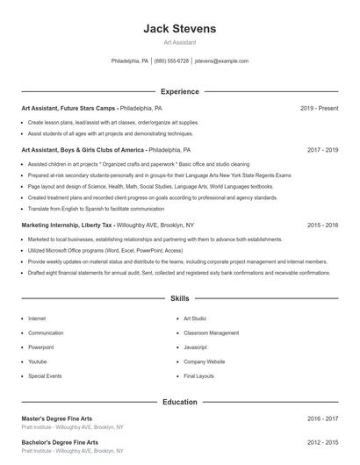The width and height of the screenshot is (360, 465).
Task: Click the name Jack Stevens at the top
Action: point(179,28)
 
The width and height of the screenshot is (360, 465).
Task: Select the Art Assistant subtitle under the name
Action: point(179,42)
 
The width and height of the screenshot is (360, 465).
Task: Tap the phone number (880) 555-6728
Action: point(171,61)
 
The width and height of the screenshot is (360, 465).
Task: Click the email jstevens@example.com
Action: point(221,61)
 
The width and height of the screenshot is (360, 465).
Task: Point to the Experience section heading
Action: point(179,91)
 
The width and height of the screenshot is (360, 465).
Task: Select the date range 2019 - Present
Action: point(319,108)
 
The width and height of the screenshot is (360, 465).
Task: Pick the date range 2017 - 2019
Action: point(322,150)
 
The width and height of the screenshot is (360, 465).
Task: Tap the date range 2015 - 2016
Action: point(322,225)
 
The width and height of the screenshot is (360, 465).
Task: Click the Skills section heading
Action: point(179,298)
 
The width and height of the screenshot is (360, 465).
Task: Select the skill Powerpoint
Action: point(41,347)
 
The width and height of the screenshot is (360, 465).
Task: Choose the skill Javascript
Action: point(195,347)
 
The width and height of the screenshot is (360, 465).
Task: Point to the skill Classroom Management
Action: point(211,333)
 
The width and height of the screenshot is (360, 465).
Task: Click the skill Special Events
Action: point(45,376)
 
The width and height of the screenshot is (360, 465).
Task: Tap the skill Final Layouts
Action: point(198,376)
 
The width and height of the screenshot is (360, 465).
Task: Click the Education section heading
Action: point(179,402)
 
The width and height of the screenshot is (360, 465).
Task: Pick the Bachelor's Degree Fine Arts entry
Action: point(60,442)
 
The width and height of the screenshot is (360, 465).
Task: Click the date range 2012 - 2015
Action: point(322,442)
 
